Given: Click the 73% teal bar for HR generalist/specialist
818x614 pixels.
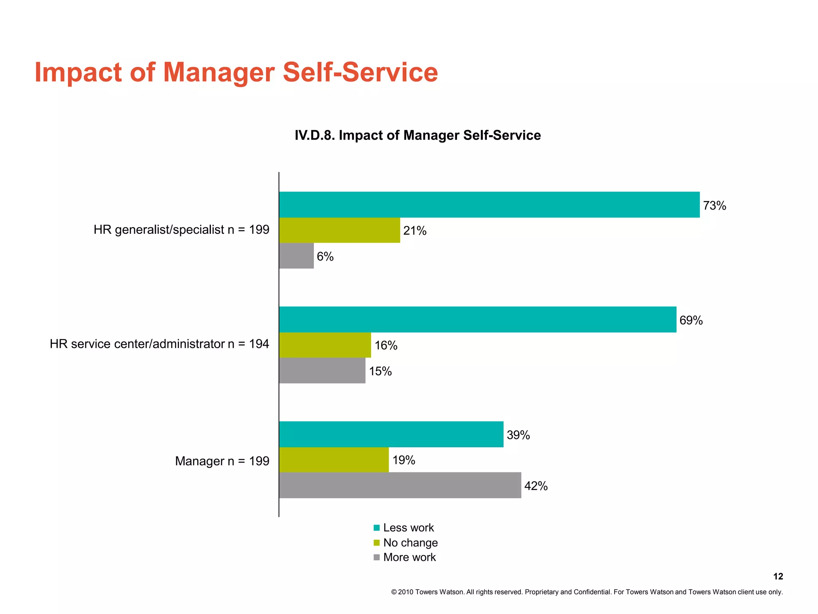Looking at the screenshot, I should coord(489,205).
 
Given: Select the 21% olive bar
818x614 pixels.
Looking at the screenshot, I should coord(340,230).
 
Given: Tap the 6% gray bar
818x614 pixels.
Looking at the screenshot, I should coord(296,256).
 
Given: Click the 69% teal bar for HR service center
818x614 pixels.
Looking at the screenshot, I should coord(478,319).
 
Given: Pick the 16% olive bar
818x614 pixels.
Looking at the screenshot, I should coord(325,345).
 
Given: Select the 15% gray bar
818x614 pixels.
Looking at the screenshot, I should coord(322,371).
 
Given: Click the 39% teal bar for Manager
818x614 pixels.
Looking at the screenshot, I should coord(391,434).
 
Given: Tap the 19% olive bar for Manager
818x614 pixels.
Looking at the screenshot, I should coord(334,460).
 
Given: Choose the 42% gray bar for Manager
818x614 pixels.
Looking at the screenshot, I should coord(400,485).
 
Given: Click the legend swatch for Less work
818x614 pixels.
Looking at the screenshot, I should coord(377,528).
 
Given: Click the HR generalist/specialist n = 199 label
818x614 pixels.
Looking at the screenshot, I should coord(181,230).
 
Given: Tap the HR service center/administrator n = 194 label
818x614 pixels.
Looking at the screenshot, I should coord(159,344).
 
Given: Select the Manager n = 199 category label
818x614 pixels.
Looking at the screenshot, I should coord(222,461).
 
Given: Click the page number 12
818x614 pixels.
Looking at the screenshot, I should coord(778,576).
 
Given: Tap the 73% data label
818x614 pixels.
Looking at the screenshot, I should coord(714,205).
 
